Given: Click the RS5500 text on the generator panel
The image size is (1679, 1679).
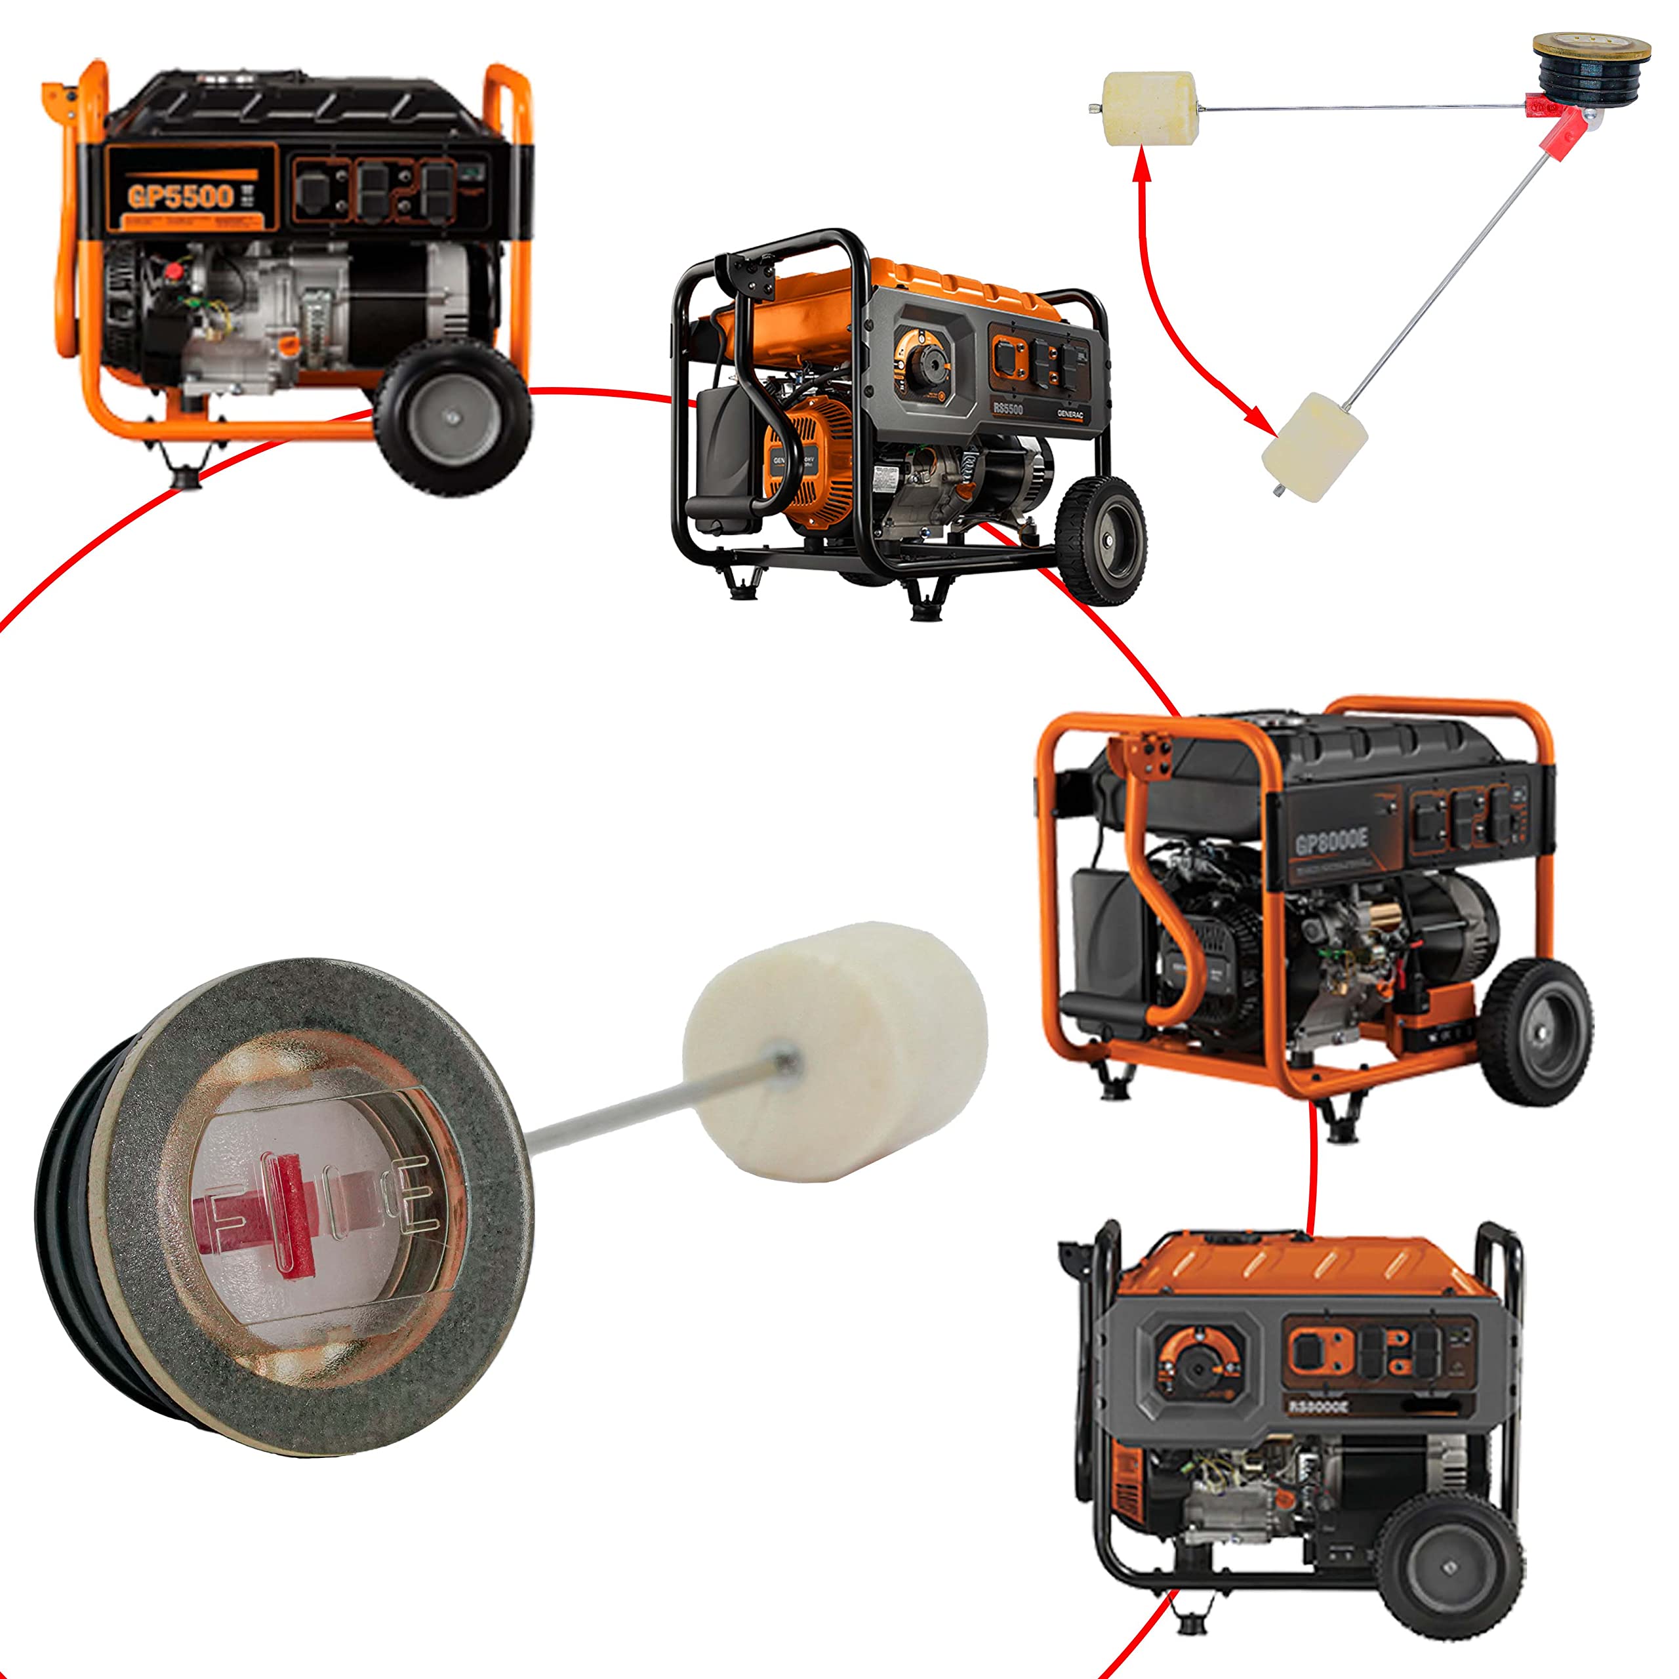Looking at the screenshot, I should [1008, 407].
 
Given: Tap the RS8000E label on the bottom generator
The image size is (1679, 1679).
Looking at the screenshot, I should [1318, 1406].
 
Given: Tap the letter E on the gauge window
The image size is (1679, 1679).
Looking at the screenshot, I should [409, 1194].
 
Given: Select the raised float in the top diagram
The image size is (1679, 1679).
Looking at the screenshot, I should [1152, 109].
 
